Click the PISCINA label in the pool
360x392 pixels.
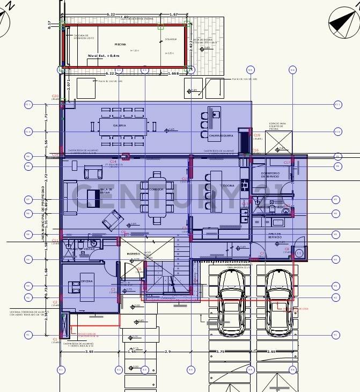[x=120, y=44]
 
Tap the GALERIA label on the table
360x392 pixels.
[x=119, y=125]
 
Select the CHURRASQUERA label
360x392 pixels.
[x=221, y=136]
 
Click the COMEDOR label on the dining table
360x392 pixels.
[x=156, y=190]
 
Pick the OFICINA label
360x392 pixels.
[x=87, y=281]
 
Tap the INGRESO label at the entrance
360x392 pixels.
[x=133, y=253]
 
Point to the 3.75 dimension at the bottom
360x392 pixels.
[x=220, y=352]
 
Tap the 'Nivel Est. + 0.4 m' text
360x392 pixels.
[x=105, y=55]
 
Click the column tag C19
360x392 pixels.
[x=256, y=135]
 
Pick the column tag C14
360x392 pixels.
[x=113, y=161]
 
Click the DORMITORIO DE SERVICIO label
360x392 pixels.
[x=270, y=175]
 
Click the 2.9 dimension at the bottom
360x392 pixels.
[x=167, y=352]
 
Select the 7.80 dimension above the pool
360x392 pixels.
[x=124, y=17]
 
